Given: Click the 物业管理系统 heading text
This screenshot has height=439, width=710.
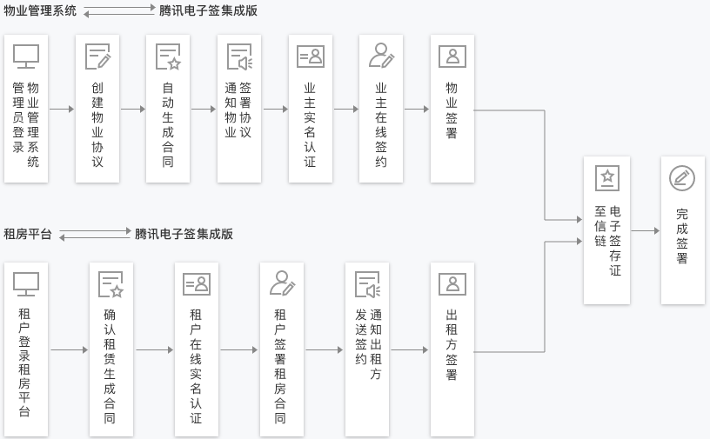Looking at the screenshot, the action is pos(40,10).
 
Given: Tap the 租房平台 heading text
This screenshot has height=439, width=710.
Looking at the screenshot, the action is pos(28,234).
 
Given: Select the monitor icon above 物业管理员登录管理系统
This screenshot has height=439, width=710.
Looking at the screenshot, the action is pos(26,57).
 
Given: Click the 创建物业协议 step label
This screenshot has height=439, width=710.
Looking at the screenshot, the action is pos(97,124).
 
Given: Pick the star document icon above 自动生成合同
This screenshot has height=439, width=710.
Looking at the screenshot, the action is pos(168,57).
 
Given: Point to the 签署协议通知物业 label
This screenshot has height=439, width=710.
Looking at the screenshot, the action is pos(238,110).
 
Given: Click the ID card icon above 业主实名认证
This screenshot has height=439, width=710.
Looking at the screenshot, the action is pos(310,57).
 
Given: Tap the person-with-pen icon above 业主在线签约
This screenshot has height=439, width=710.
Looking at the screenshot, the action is pos(381,56).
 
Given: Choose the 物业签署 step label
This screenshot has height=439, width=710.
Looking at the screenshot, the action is pos(452,110).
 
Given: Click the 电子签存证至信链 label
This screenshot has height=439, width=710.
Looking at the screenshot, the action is pos(607,241).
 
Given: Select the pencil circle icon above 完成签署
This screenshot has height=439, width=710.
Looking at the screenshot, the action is pos(682,178).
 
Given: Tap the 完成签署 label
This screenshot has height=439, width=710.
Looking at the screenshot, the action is pos(682,236).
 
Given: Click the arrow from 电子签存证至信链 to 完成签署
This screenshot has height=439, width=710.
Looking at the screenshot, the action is pos(646,231).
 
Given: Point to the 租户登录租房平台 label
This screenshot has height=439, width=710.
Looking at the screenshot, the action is pos(24,362).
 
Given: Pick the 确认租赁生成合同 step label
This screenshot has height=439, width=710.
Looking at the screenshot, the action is pos(110,366).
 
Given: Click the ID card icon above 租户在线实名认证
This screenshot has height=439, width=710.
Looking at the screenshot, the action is pos(197,284).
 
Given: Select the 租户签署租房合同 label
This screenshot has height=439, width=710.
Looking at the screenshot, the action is pos(280,366).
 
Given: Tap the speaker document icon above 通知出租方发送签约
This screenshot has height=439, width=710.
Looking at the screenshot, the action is pos(368,284).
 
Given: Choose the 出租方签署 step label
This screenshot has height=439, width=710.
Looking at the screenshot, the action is pos(452,344).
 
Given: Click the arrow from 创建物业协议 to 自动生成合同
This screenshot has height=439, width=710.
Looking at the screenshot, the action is pos(133,109).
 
